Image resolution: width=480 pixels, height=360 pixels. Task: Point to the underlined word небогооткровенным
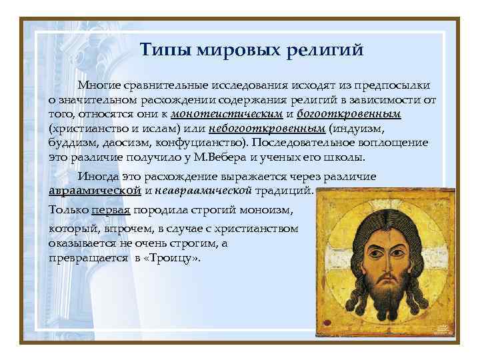(267, 128)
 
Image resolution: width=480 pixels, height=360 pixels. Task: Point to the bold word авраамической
(95, 191)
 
